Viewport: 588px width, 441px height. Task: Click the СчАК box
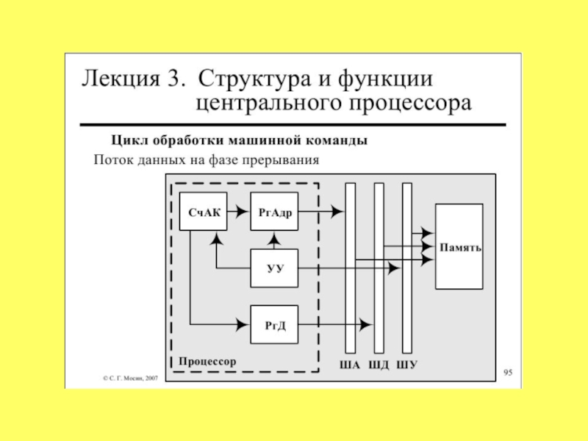tap(204, 212)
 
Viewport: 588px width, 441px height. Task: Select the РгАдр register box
tap(274, 212)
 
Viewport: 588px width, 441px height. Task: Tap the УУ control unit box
tap(274, 268)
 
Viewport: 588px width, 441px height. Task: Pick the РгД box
tap(274, 325)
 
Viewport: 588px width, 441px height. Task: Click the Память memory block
tap(459, 247)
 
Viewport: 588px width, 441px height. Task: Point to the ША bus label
tap(350, 365)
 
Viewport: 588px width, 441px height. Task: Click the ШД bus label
tap(379, 365)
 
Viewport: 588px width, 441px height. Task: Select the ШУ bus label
tap(407, 365)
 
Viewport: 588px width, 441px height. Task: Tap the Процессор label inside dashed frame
tap(207, 362)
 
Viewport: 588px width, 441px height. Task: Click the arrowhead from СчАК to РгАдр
tap(243, 212)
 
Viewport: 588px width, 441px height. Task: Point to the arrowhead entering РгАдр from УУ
tap(274, 237)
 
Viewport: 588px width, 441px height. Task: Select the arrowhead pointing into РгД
tap(243, 325)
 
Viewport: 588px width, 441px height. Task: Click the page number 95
tap(508, 373)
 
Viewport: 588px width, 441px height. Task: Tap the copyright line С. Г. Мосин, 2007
tap(131, 379)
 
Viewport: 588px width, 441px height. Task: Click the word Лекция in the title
tap(121, 79)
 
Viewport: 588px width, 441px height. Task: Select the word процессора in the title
tap(411, 103)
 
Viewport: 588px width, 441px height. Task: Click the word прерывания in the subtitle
tap(281, 160)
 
